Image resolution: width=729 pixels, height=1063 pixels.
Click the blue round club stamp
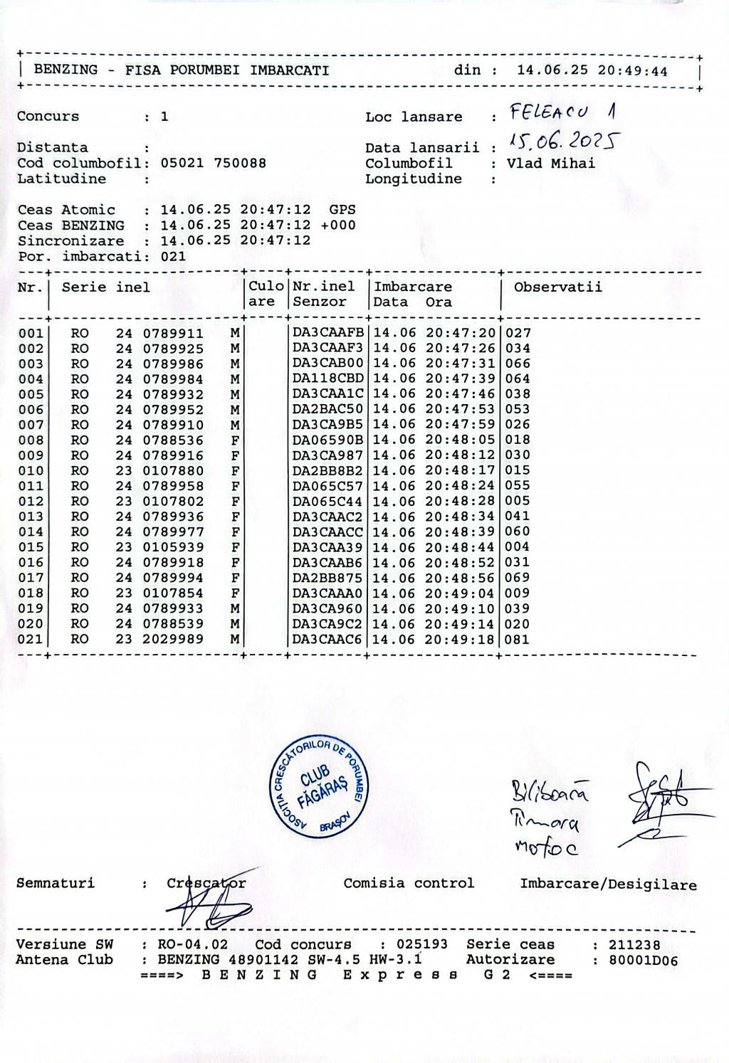point(320,790)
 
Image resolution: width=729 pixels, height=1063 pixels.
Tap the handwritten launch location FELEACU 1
point(563,112)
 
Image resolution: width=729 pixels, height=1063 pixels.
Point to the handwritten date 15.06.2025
point(562,142)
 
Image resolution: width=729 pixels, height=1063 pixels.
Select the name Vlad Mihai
point(551,163)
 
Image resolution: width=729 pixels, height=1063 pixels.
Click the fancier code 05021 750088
point(213,163)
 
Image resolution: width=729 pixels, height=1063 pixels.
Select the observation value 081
point(517,640)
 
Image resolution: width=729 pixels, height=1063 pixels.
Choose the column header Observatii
point(557,287)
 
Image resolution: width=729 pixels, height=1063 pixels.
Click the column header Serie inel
point(106,287)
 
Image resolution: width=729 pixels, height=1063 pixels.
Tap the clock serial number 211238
point(634,946)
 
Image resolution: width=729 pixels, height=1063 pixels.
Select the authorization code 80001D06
point(643,961)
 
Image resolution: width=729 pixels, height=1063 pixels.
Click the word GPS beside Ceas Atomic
point(342,210)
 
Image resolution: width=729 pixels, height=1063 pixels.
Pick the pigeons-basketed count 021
point(173,256)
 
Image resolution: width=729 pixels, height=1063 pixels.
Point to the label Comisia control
point(409,884)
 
